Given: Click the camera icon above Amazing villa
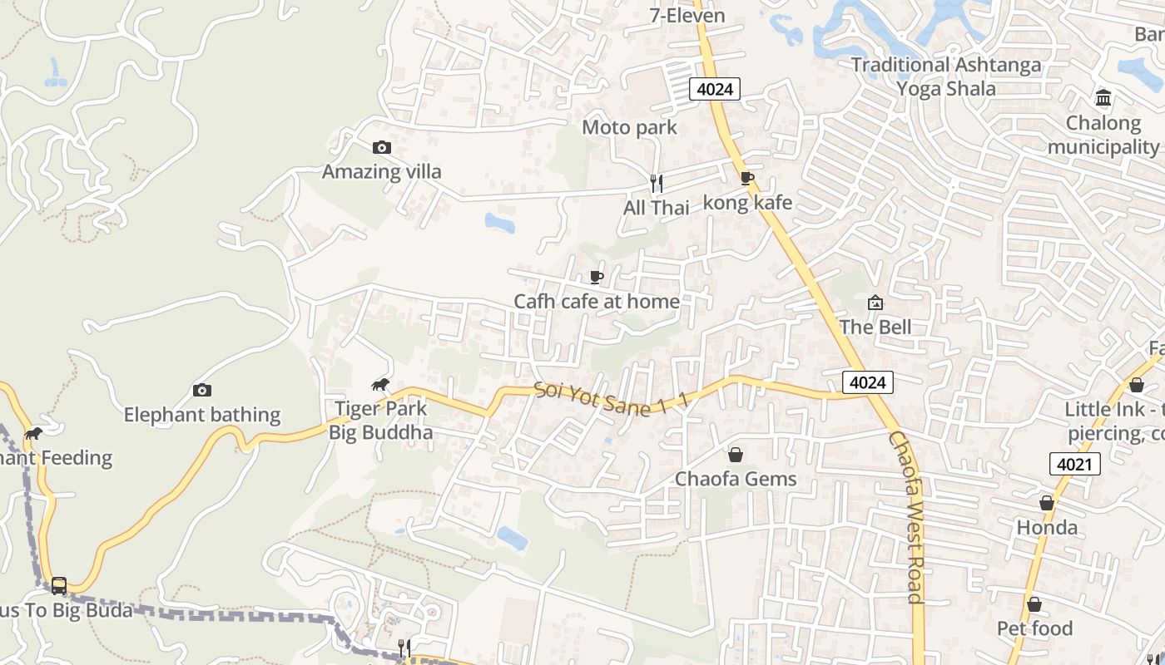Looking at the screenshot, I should tap(381, 148).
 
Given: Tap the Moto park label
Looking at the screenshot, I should tap(629, 128).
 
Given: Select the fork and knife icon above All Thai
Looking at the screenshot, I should tap(657, 184).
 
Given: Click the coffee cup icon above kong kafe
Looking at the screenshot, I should tap(747, 178).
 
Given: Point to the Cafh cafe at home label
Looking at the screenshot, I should tap(597, 301).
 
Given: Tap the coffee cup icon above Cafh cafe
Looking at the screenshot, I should tap(596, 277).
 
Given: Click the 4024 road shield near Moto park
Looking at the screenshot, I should tap(715, 89).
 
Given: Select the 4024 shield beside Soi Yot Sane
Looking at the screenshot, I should tap(868, 382).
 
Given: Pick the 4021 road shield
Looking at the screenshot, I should tap(1074, 464).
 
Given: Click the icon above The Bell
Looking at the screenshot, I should tap(875, 303).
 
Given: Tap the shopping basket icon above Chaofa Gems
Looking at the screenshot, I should tap(736, 455).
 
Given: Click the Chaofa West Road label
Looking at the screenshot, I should tap(906, 515).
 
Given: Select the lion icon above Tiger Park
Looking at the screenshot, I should tap(381, 384).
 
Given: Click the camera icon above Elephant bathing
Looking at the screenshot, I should tap(201, 390).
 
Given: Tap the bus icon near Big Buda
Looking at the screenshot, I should tap(59, 585).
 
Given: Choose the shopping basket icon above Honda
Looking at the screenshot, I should tap(1047, 503).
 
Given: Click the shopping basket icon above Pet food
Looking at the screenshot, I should tap(1034, 604).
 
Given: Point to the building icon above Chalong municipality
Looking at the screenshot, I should tap(1104, 99).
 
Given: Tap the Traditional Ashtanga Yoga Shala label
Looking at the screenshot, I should tap(946, 76).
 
